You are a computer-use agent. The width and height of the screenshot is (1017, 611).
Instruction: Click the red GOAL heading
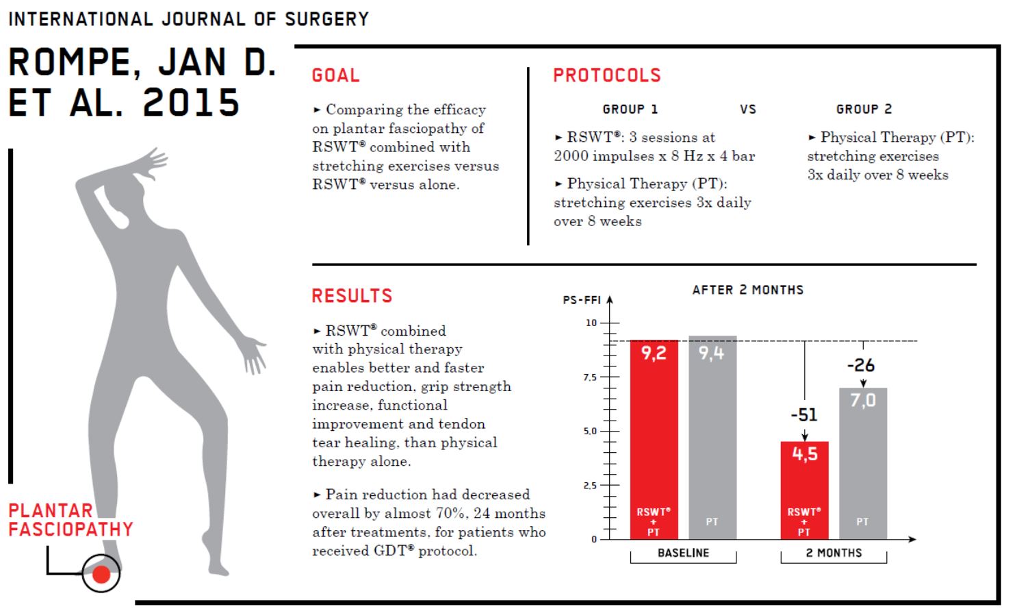tap(335, 75)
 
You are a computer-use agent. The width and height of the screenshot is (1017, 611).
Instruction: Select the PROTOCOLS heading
tap(607, 75)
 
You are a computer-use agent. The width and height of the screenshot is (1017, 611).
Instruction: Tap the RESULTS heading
tap(352, 296)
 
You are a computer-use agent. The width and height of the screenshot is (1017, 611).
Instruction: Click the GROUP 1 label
tap(630, 110)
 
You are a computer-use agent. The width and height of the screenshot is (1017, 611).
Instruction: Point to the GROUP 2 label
tap(864, 110)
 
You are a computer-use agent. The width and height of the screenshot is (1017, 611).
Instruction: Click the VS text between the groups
tap(748, 110)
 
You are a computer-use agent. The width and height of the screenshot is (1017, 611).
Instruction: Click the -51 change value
tap(803, 415)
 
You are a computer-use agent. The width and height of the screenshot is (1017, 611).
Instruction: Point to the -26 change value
tap(861, 365)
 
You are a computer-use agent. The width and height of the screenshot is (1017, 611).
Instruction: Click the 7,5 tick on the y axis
tap(589, 377)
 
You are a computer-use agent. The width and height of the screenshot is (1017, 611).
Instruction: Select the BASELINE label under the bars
tap(683, 553)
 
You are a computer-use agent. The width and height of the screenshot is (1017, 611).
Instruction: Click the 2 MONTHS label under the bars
tap(834, 553)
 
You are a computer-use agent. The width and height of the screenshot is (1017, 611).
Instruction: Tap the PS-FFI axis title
tap(582, 300)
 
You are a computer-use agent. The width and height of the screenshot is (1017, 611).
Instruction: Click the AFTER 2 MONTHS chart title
tap(748, 290)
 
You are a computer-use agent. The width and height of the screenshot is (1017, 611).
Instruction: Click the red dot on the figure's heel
tap(101, 574)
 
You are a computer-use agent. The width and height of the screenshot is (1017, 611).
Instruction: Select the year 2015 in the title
tap(191, 103)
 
